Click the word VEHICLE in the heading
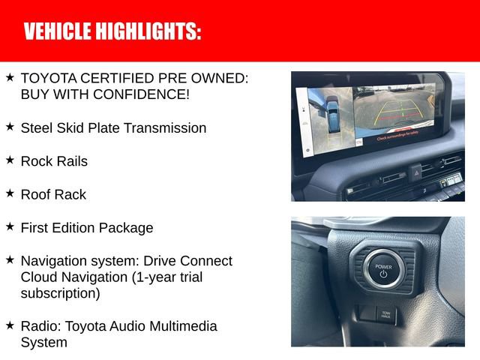57,31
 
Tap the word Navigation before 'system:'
54,261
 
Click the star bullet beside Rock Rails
10,160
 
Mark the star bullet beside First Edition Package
10,226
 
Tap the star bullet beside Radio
10,325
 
